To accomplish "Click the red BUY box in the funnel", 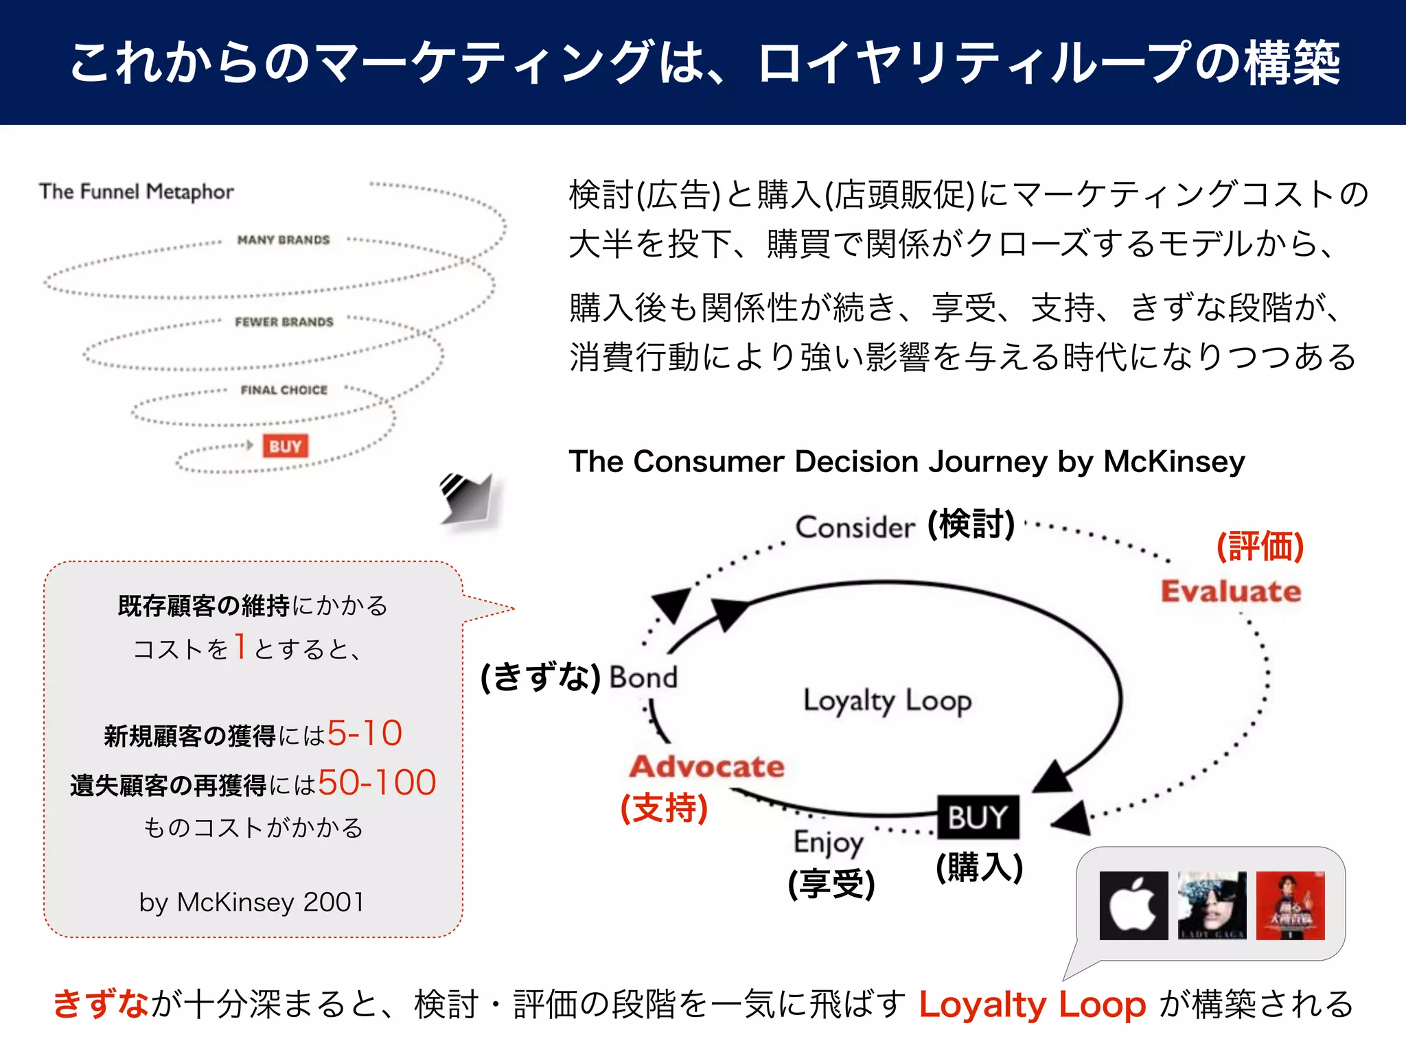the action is pyautogui.click(x=285, y=446).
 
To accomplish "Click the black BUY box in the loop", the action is pyautogui.click(x=978, y=817).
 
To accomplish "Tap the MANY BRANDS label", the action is pyautogui.click(x=284, y=239).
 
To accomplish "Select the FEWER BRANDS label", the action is pyautogui.click(x=284, y=322).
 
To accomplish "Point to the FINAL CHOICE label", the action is pyautogui.click(x=284, y=390).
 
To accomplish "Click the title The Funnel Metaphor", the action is pyautogui.click(x=137, y=191).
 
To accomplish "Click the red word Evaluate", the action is pyautogui.click(x=1231, y=592).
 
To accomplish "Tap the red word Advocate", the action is pyautogui.click(x=707, y=766).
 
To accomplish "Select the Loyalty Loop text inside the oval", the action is pyautogui.click(x=887, y=701).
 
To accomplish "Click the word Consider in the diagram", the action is pyautogui.click(x=855, y=527).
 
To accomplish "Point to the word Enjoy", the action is pyautogui.click(x=828, y=843).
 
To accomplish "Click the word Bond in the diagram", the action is pyautogui.click(x=643, y=677).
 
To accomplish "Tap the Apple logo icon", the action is pyautogui.click(x=1133, y=905).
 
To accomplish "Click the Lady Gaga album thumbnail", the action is pyautogui.click(x=1212, y=905).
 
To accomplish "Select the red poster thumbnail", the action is pyautogui.click(x=1290, y=905).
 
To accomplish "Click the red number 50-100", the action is pyautogui.click(x=377, y=782).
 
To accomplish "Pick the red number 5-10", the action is pyautogui.click(x=365, y=733).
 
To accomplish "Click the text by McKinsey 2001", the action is pyautogui.click(x=251, y=902).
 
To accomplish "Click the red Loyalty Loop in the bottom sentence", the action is pyautogui.click(x=1033, y=1005).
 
